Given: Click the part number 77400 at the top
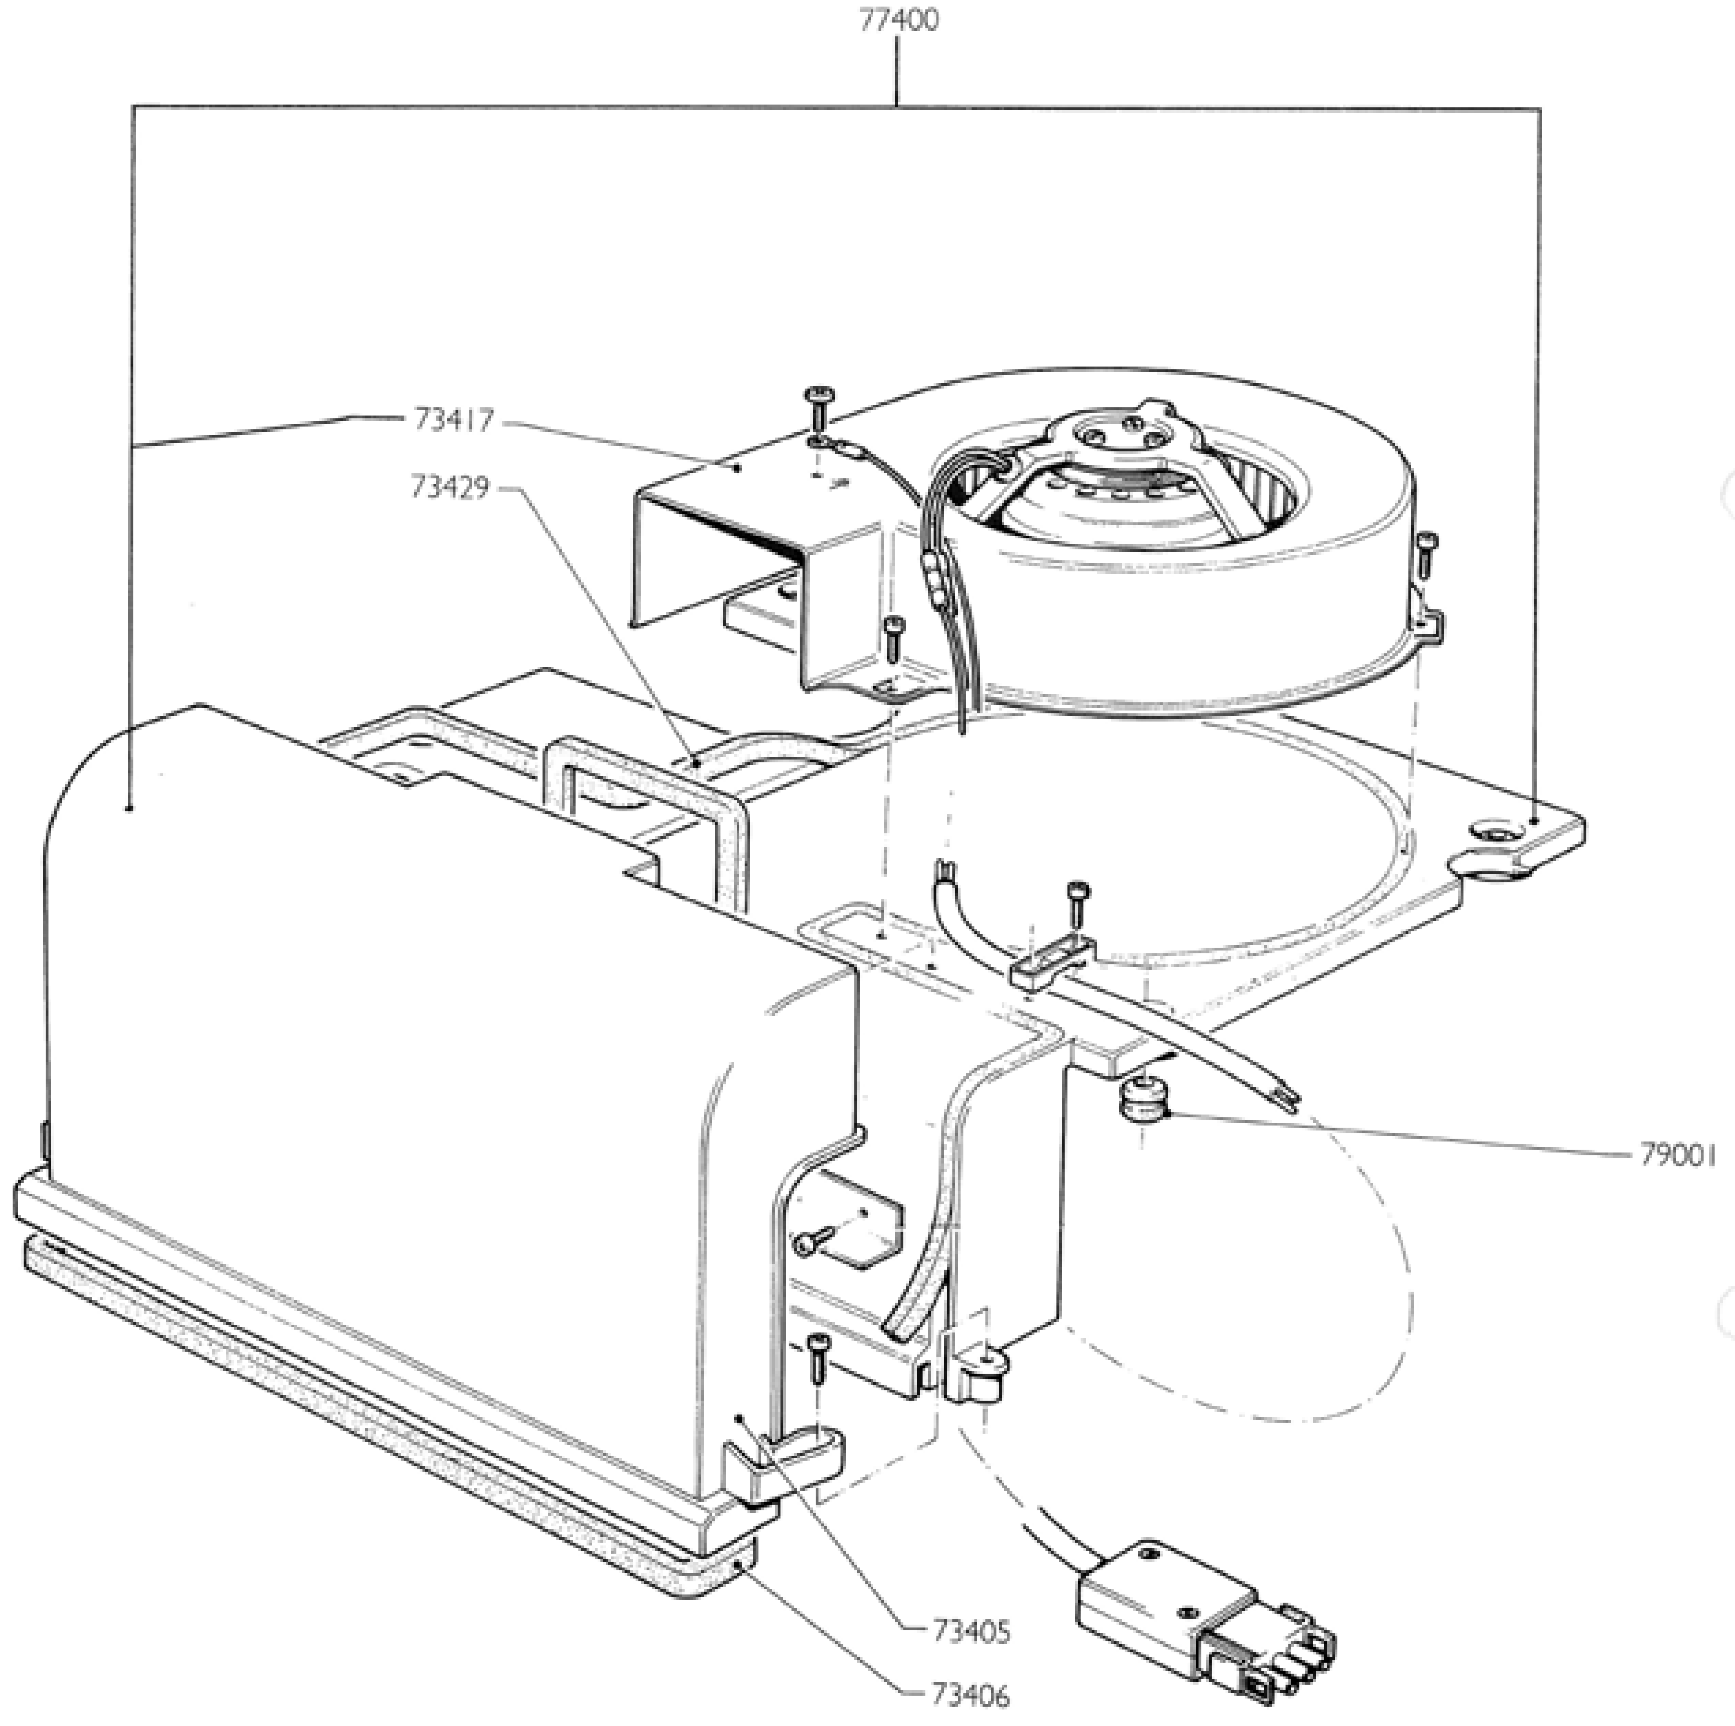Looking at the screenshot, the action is [x=898, y=20].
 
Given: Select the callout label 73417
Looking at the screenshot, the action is [x=454, y=420].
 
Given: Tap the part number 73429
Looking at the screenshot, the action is [x=450, y=488].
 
